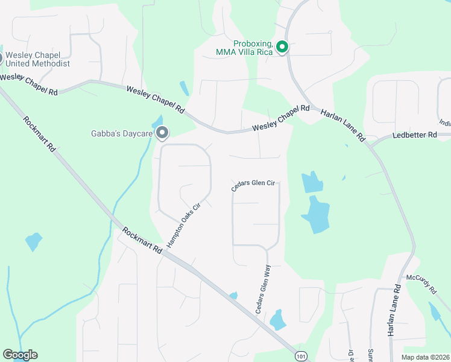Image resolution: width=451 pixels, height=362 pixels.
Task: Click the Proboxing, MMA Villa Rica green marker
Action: [282, 46]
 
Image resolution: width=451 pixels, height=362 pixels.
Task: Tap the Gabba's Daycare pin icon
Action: [162, 132]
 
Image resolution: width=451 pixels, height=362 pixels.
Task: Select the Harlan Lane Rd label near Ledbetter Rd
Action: [343, 125]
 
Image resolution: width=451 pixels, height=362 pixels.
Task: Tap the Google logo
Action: [20, 355]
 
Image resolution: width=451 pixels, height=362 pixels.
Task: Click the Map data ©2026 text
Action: [425, 357]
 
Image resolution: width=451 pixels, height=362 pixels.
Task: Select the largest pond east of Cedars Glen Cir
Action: [315, 215]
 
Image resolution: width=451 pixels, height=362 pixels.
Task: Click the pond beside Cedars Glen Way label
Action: [277, 319]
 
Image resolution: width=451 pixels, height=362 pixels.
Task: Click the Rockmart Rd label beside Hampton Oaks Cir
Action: [142, 240]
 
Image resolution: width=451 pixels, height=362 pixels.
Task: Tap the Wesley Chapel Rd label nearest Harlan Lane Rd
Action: [280, 118]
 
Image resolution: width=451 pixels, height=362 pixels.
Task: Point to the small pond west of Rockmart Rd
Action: [34, 241]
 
